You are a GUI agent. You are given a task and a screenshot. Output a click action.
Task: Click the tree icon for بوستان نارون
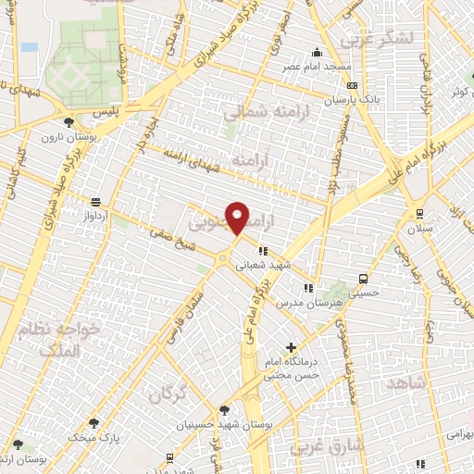(69, 122)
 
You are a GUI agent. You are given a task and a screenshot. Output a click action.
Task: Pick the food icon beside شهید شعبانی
(263, 250)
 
